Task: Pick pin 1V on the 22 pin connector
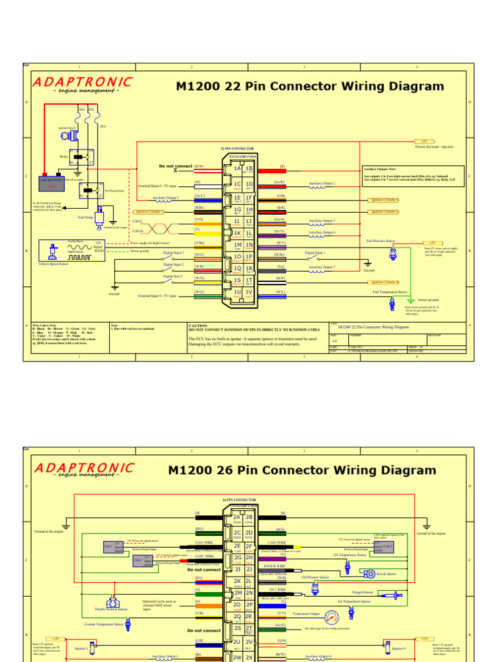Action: [249, 292]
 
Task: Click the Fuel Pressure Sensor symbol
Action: [392, 253]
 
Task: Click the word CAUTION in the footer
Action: [198, 326]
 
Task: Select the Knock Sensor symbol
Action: [370, 573]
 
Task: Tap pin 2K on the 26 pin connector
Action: [237, 581]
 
